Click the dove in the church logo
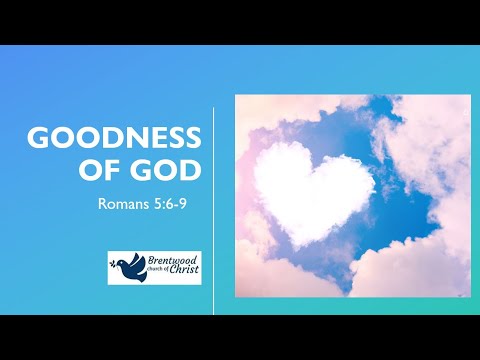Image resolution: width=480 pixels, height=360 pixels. point(127,267)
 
